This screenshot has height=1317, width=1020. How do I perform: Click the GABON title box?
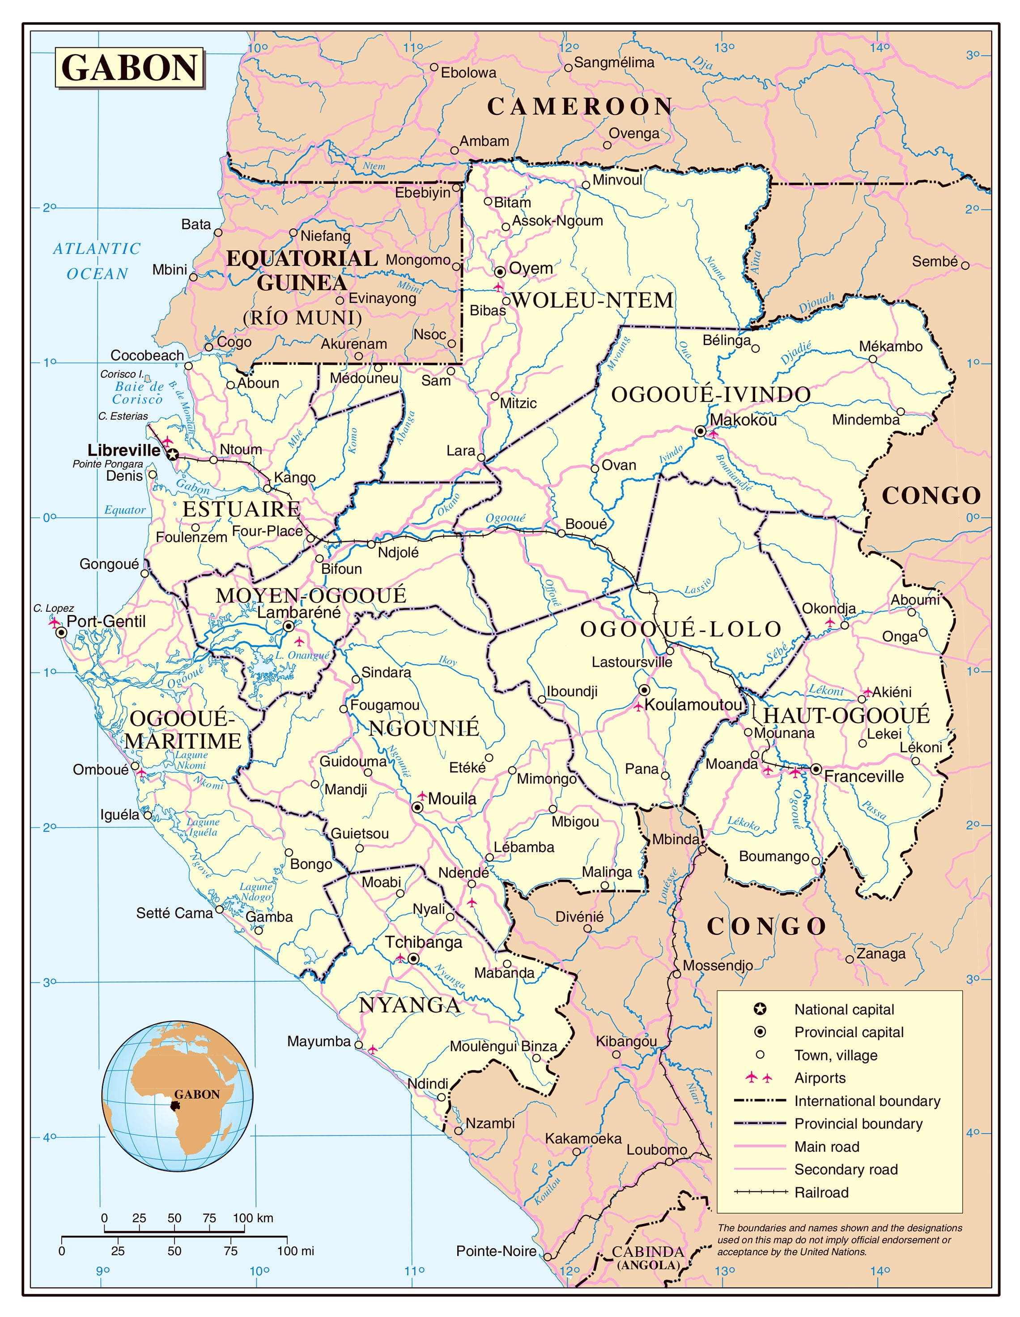(x=130, y=68)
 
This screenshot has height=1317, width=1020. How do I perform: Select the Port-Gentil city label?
(x=106, y=622)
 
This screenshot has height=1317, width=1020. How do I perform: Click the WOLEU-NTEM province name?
(x=592, y=301)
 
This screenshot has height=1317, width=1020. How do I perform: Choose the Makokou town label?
(x=743, y=420)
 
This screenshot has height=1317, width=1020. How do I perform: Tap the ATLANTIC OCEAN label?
(x=97, y=261)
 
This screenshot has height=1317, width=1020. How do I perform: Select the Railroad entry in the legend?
(x=821, y=1192)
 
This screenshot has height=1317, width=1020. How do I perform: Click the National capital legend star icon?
(x=760, y=1009)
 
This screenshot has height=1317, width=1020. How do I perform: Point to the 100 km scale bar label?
(x=253, y=1218)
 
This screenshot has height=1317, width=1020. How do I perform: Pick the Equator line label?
(x=125, y=510)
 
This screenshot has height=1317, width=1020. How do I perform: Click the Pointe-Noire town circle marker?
(x=547, y=1257)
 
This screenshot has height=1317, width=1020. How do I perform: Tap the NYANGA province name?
(x=410, y=1005)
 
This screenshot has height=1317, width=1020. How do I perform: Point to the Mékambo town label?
(x=890, y=346)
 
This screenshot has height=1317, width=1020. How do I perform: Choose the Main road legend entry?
(x=826, y=1146)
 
